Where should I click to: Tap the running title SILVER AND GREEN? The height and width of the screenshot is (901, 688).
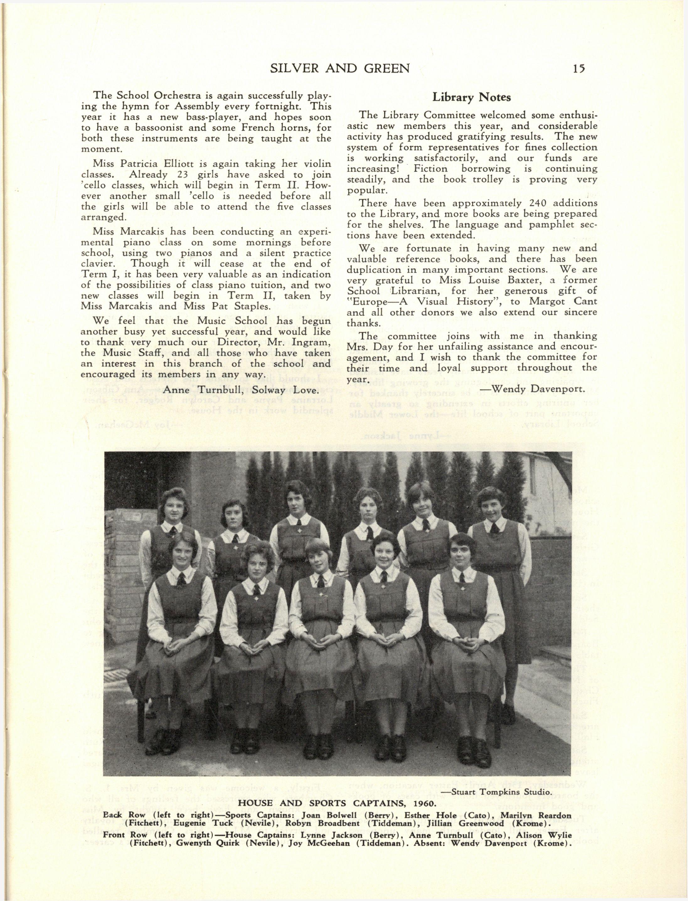click(x=340, y=68)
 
